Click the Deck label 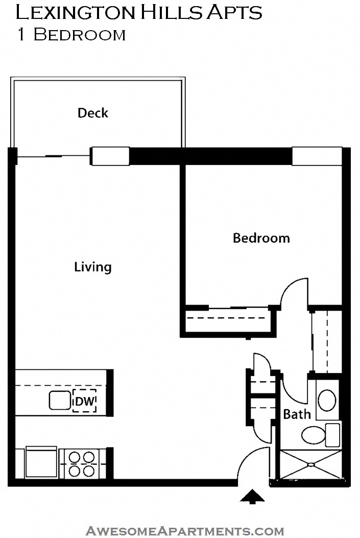pyautogui.click(x=92, y=113)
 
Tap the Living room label pyautogui.click(x=92, y=267)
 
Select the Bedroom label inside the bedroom pyautogui.click(x=261, y=238)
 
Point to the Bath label pyautogui.click(x=297, y=414)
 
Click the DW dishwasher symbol pyautogui.click(x=85, y=401)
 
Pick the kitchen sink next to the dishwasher pyautogui.click(x=60, y=401)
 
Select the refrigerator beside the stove pyautogui.click(x=41, y=462)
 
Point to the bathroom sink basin pyautogui.click(x=327, y=400)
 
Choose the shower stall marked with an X pyautogui.click(x=310, y=465)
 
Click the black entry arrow pyautogui.click(x=252, y=497)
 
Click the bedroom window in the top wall pyautogui.click(x=317, y=156)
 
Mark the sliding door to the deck pyautogui.click(x=54, y=156)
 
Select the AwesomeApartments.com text pyautogui.click(x=184, y=531)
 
